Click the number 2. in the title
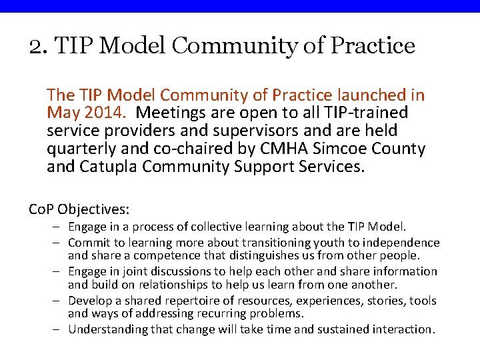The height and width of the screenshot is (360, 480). coord(37,46)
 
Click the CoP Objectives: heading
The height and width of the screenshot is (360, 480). coord(79,209)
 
